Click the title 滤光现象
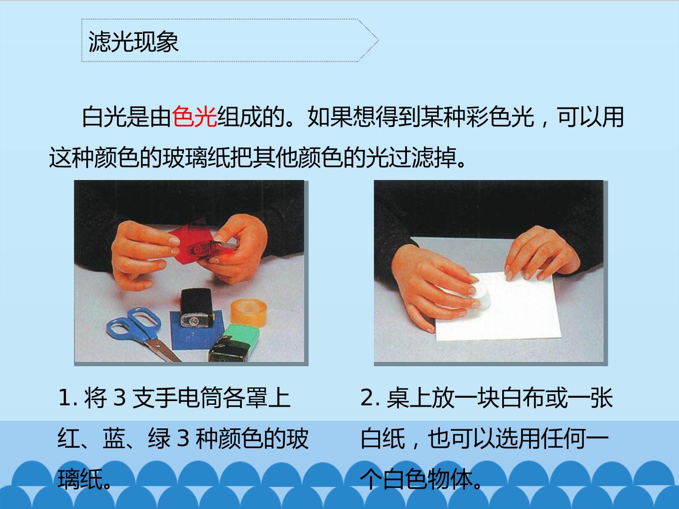tap(133, 42)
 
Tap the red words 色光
tap(194, 117)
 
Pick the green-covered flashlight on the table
tap(235, 343)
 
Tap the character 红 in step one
tap(69, 438)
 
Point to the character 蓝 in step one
tap(114, 438)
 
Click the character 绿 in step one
tap(159, 438)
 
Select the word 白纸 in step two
tap(383, 438)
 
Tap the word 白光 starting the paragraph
tap(104, 117)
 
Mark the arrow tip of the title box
tap(378, 40)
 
